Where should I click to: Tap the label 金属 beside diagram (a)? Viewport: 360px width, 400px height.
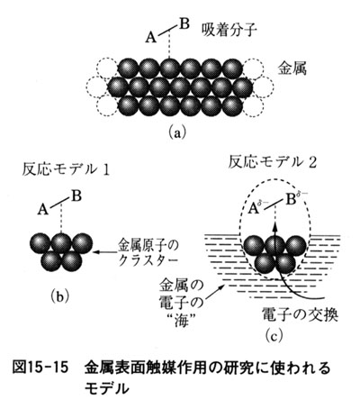click(292, 68)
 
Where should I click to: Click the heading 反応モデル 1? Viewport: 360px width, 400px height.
click(65, 170)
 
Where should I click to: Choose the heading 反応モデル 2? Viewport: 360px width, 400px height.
click(273, 163)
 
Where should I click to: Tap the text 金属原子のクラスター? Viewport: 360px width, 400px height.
click(148, 252)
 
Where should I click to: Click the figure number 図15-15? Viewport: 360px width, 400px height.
click(40, 368)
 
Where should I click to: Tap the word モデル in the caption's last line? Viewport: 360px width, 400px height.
click(106, 388)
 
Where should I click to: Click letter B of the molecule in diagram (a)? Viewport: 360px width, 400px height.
click(184, 24)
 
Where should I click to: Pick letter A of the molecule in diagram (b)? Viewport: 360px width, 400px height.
click(43, 210)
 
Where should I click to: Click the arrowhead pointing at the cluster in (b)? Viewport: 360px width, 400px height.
click(96, 252)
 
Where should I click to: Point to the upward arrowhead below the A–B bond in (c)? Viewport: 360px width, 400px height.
click(275, 224)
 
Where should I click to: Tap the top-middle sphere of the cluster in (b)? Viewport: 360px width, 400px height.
click(61, 242)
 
